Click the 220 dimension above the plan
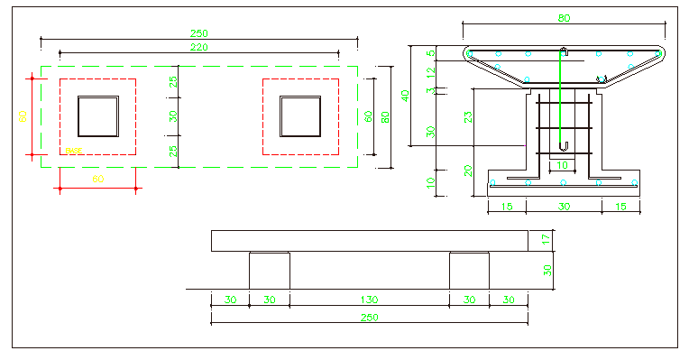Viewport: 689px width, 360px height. click(198, 46)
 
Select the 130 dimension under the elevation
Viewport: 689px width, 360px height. click(370, 300)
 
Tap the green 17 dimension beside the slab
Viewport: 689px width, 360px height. click(547, 240)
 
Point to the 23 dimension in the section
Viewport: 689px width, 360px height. click(468, 115)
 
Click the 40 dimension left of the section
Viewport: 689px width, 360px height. click(405, 95)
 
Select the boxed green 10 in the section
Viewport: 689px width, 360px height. click(563, 165)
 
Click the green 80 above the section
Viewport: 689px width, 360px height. click(564, 17)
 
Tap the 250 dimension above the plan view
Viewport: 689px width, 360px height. click(198, 33)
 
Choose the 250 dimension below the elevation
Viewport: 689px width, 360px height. click(370, 317)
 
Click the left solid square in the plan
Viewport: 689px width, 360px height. click(97, 116)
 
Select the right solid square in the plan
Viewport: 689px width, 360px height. click(300, 116)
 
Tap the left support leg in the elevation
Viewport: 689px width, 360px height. click(269, 271)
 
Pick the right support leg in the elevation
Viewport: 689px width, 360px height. click(469, 271)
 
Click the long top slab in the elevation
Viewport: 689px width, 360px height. click(370, 241)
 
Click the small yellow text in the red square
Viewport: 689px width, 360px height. click(74, 150)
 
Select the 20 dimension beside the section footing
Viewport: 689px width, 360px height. click(468, 170)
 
